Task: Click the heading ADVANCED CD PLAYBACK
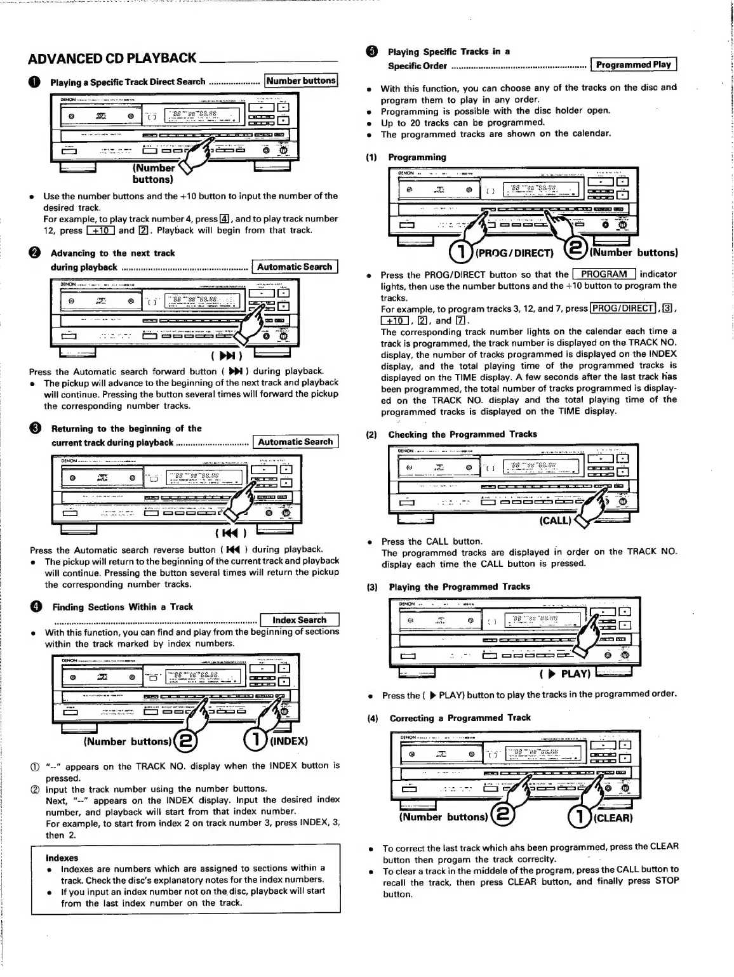point(112,58)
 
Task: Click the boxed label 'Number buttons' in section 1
point(301,81)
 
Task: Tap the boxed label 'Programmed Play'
point(633,65)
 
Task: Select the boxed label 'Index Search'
point(300,620)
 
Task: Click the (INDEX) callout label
point(290,741)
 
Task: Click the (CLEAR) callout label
point(613,818)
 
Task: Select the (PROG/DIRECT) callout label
point(514,253)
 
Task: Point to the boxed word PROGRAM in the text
point(604,274)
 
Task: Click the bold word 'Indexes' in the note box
point(62,858)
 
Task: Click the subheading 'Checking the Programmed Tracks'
point(462,434)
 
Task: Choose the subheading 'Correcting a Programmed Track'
point(460,718)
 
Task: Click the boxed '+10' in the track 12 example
point(100,230)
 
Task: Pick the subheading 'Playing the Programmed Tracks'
point(460,587)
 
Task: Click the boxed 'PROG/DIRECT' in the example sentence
point(622,309)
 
